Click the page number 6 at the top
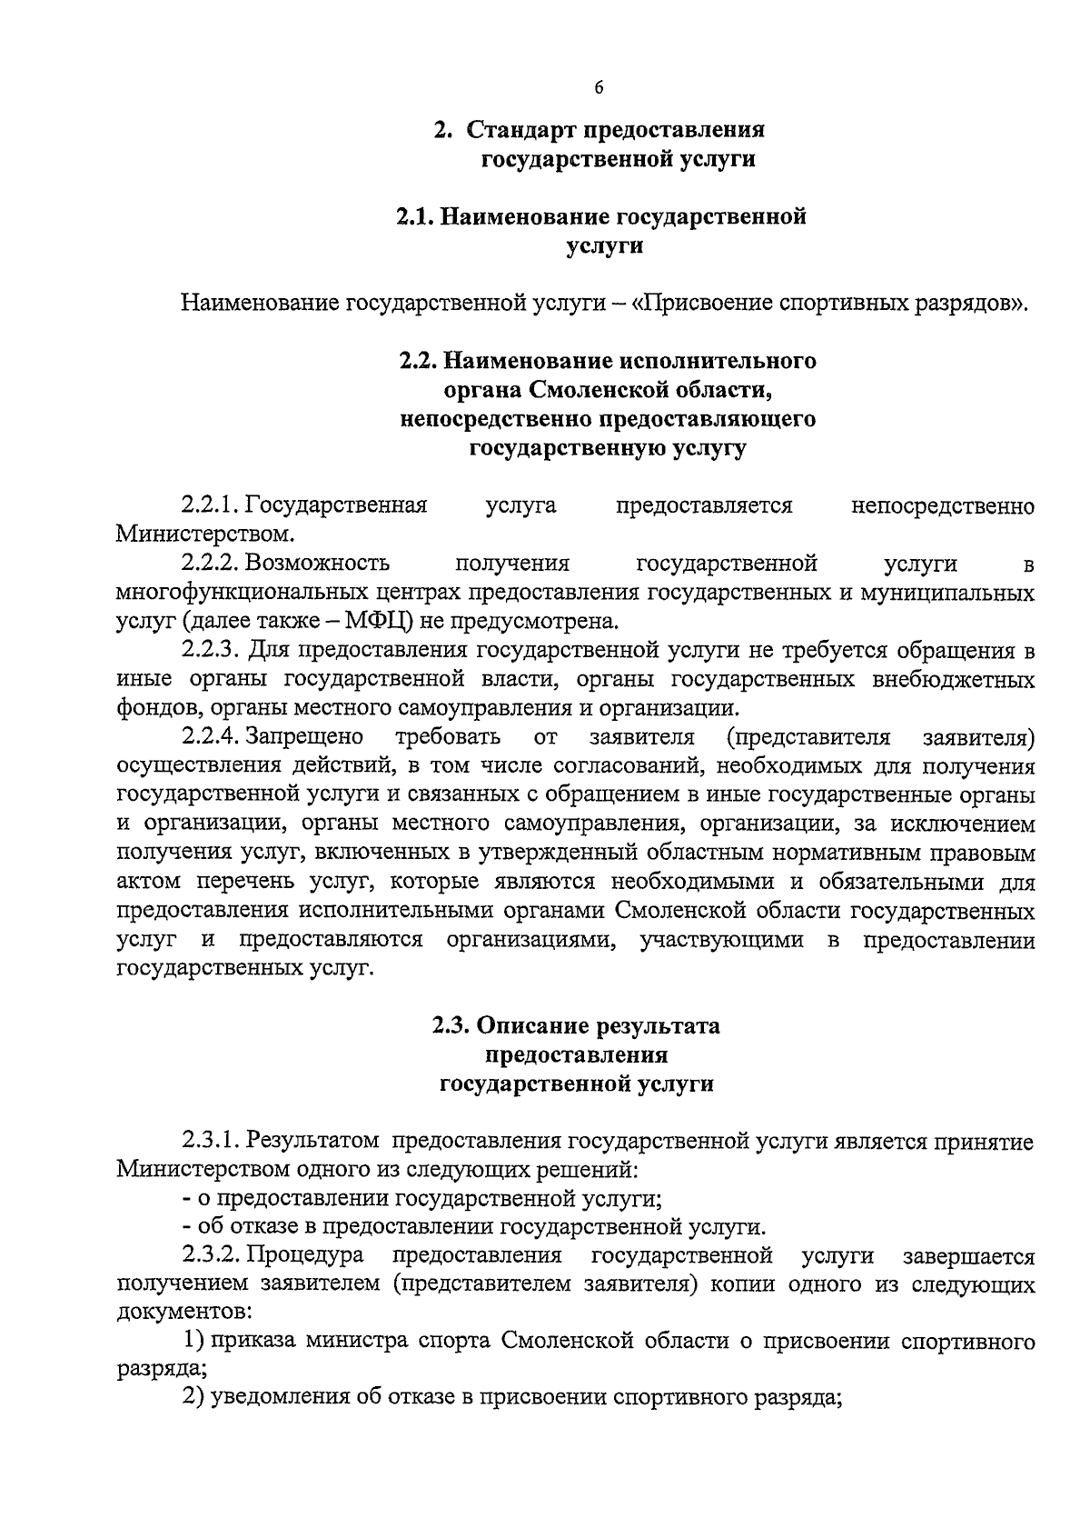[599, 88]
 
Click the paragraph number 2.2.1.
[211, 505]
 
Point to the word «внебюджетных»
[954, 680]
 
